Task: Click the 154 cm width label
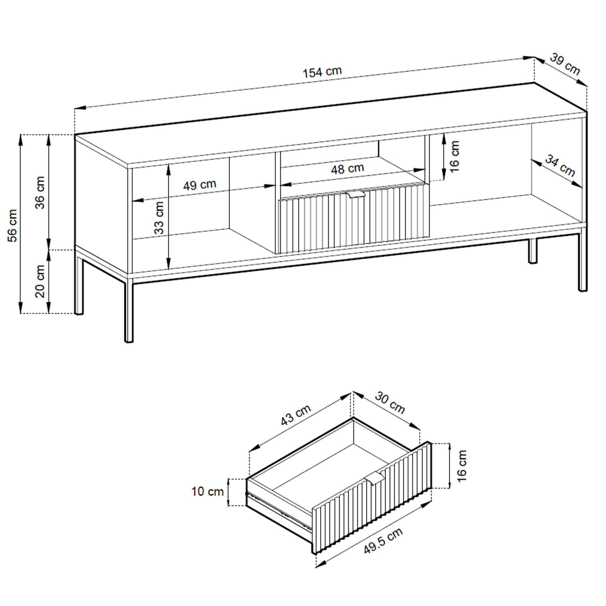tap(322, 72)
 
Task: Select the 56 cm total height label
tap(12, 225)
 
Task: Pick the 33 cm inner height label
tap(159, 218)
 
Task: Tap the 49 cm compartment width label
tap(200, 185)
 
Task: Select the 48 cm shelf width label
tap(348, 169)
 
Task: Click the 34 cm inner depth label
tap(560, 166)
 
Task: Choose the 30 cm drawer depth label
tap(390, 403)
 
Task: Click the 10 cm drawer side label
tap(207, 491)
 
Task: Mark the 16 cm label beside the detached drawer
tap(461, 465)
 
